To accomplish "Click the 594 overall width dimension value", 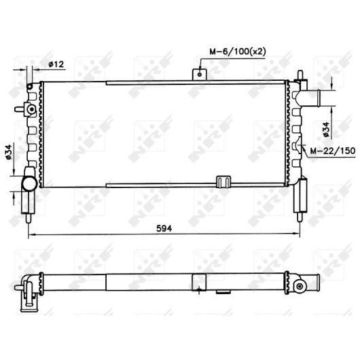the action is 164,228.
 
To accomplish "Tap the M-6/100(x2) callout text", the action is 238,52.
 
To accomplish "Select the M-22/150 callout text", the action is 333,151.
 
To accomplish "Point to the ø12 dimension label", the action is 56,65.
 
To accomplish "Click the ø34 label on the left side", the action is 8,152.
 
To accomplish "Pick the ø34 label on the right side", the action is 326,130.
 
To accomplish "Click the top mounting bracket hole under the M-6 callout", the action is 200,75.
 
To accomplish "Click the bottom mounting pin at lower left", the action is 29,218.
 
